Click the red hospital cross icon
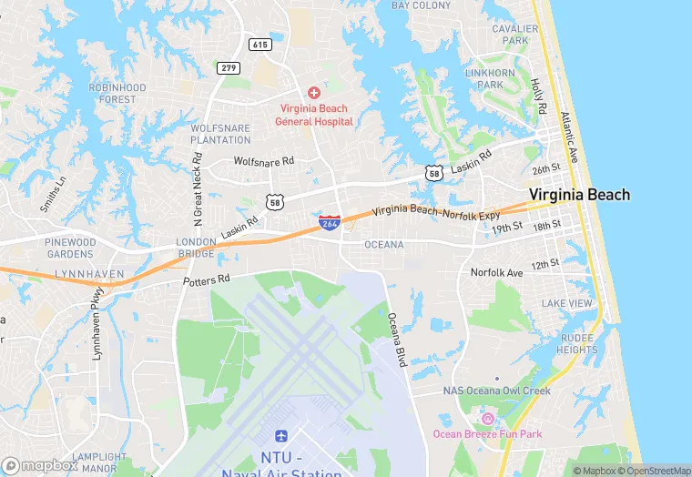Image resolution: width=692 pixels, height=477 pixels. (x=314, y=93)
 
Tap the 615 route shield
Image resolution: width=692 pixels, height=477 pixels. (x=259, y=44)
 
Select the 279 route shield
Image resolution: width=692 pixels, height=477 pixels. (x=228, y=67)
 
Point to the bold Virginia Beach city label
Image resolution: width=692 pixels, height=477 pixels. (x=579, y=195)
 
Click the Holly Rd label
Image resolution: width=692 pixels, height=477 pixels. (x=538, y=95)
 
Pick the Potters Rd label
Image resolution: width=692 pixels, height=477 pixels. (x=207, y=280)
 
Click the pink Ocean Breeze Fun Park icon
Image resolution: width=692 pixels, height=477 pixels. (x=486, y=418)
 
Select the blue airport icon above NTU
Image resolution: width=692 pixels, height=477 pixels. (x=281, y=440)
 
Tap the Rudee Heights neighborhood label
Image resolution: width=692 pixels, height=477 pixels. (x=576, y=343)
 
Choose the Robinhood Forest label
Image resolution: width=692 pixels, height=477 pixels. (x=117, y=93)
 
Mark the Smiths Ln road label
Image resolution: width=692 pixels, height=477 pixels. (x=53, y=193)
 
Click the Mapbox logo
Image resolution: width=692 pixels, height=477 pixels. (x=39, y=465)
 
